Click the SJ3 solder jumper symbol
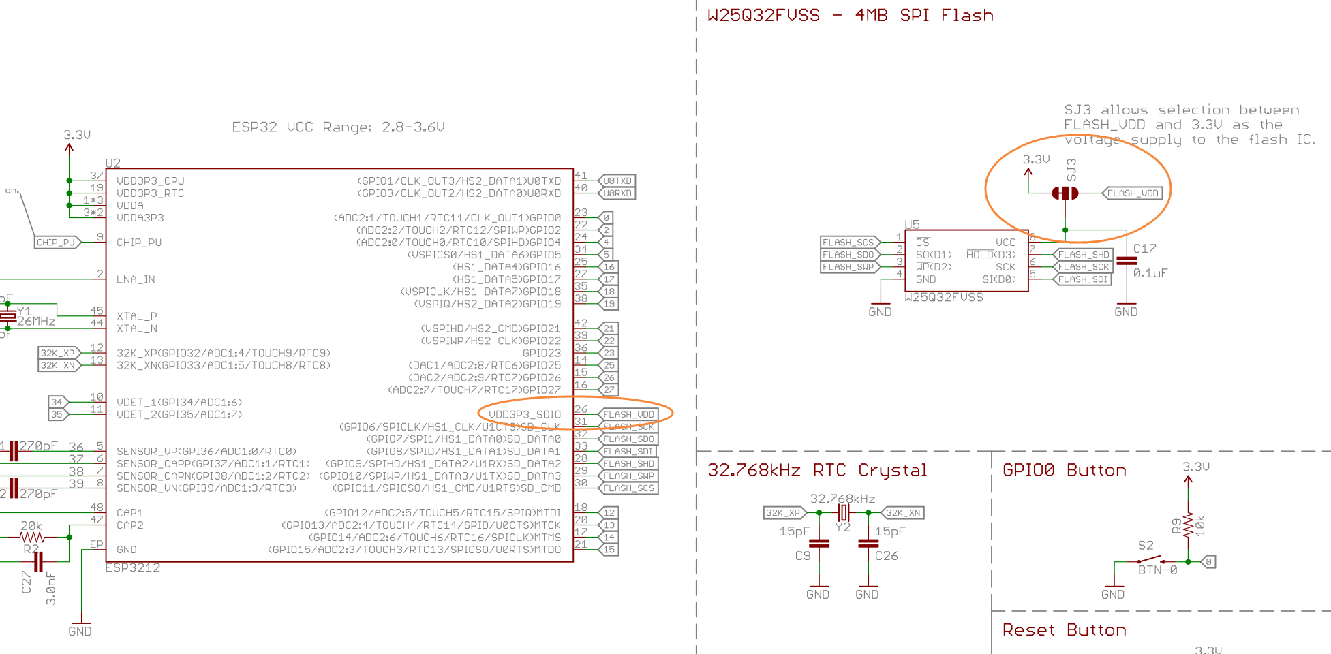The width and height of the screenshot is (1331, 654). pyautogui.click(x=1065, y=193)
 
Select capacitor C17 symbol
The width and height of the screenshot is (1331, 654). pyautogui.click(x=1127, y=261)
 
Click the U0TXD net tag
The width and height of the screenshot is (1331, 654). pyautogui.click(x=617, y=181)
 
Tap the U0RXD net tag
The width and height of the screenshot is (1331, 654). pyautogui.click(x=617, y=193)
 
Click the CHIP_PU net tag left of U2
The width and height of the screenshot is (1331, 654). pyautogui.click(x=57, y=243)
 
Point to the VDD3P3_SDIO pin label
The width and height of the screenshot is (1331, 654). pyautogui.click(x=525, y=414)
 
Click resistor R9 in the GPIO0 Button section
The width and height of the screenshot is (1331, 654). pyautogui.click(x=1188, y=525)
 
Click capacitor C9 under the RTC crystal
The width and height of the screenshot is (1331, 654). pyautogui.click(x=819, y=544)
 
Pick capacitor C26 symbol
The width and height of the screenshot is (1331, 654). pyautogui.click(x=868, y=544)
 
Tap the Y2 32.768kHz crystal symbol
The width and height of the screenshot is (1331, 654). pyautogui.click(x=844, y=512)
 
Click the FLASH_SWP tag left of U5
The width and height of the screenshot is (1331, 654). pyautogui.click(x=848, y=267)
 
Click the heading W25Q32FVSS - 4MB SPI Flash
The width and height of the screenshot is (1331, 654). pyautogui.click(x=850, y=16)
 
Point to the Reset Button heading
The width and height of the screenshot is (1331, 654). pyautogui.click(x=1064, y=630)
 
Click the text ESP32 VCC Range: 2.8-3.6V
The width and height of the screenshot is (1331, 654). pyautogui.click(x=338, y=127)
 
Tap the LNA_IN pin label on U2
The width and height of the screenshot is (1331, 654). pyautogui.click(x=136, y=279)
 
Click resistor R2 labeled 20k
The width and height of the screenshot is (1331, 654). pyautogui.click(x=32, y=538)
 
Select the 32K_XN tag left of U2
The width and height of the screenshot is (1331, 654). pyautogui.click(x=59, y=365)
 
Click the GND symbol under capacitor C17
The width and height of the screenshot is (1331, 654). pyautogui.click(x=1126, y=308)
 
